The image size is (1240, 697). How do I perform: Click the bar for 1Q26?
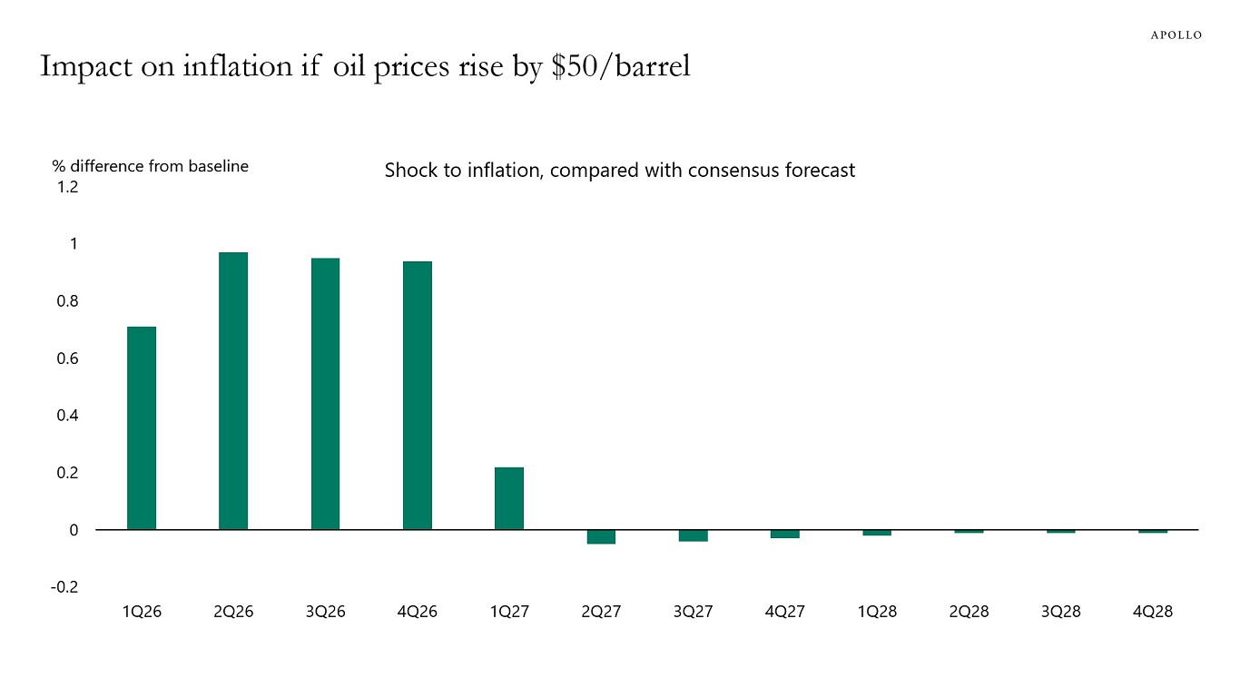[x=142, y=427]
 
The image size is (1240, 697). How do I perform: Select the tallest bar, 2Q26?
[x=233, y=390]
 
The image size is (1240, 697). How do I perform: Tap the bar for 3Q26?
[x=325, y=394]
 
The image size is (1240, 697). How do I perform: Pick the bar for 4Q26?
[x=418, y=395]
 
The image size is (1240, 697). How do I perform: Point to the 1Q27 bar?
[x=509, y=498]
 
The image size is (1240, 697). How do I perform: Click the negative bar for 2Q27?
[x=601, y=537]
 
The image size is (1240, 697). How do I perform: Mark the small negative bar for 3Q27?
[x=693, y=535]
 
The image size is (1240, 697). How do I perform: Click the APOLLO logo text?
[x=1176, y=35]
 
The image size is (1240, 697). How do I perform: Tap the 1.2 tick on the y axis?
[x=68, y=187]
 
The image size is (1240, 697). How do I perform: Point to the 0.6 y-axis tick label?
[x=68, y=358]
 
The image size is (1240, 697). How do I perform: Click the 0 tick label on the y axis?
[x=74, y=530]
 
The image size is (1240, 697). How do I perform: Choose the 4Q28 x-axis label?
[x=1153, y=612]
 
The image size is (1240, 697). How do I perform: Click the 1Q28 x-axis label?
[x=877, y=612]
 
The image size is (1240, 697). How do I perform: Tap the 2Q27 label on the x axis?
[x=601, y=612]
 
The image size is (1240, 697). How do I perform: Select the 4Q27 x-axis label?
[x=784, y=612]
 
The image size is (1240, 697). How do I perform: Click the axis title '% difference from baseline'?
[x=150, y=166]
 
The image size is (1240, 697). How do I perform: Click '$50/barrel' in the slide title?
[x=622, y=66]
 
